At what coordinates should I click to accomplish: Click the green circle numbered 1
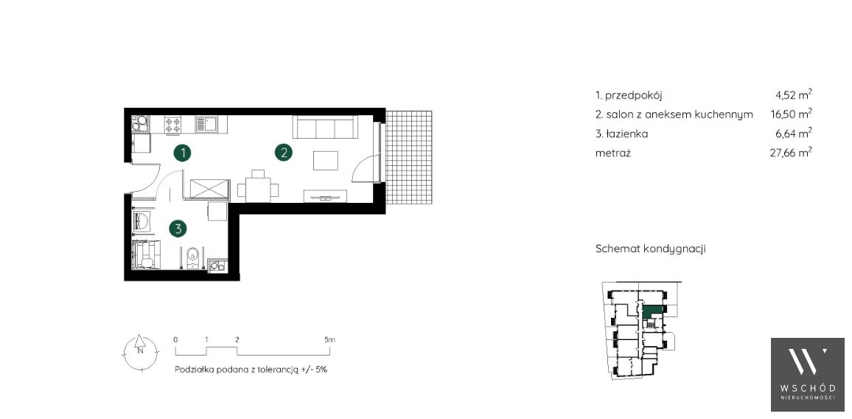coord(183,153)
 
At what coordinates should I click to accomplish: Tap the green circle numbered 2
coord(284,153)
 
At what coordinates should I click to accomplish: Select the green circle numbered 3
coord(177,229)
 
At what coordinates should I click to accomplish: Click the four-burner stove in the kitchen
coord(172,125)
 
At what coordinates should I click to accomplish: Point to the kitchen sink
coord(206,125)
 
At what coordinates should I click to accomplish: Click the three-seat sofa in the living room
coord(324,127)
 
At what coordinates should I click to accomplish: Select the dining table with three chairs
coord(258,186)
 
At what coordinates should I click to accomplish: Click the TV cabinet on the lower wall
coord(325,195)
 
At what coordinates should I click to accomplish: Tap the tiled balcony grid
coord(408,157)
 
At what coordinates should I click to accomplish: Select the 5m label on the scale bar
coord(330,339)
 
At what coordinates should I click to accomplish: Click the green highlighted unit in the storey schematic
coord(652,311)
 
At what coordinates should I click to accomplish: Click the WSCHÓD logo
coord(808,375)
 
